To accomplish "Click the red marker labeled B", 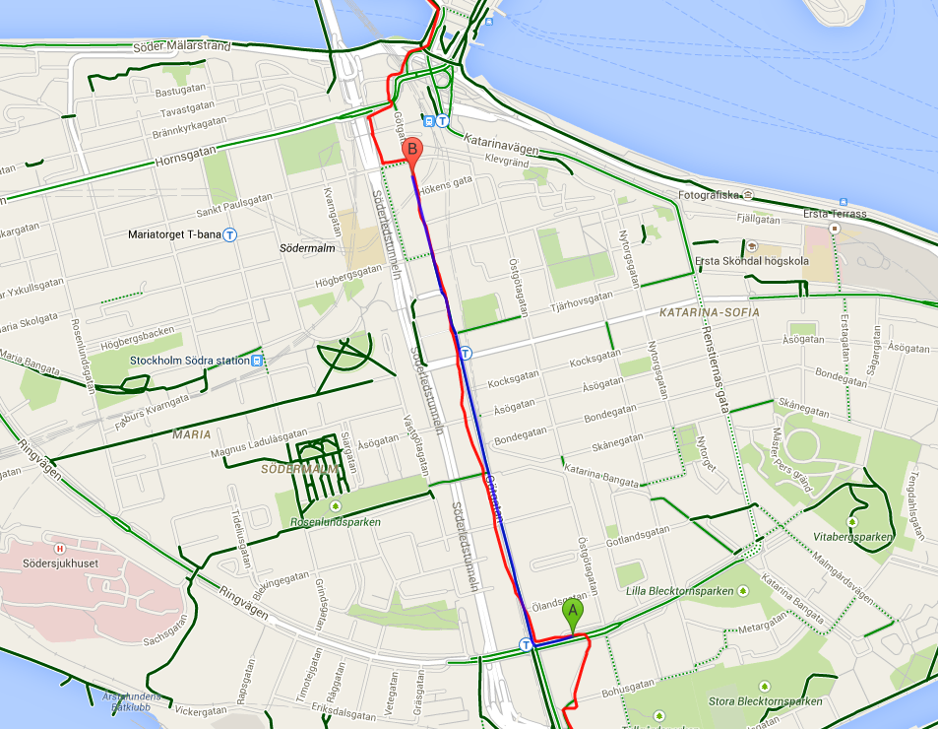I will click(412, 151).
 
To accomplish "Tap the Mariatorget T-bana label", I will click(174, 234).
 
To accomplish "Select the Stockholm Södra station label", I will click(189, 361).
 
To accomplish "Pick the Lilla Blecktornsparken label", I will click(680, 591).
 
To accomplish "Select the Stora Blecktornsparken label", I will click(765, 701).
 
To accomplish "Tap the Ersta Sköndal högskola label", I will click(752, 261).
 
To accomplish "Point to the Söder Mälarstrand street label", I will click(182, 46).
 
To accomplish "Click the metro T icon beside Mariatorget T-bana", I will click(229, 234).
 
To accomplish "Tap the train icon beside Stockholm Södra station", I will click(257, 361).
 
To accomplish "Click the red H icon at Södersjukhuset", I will click(59, 549).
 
